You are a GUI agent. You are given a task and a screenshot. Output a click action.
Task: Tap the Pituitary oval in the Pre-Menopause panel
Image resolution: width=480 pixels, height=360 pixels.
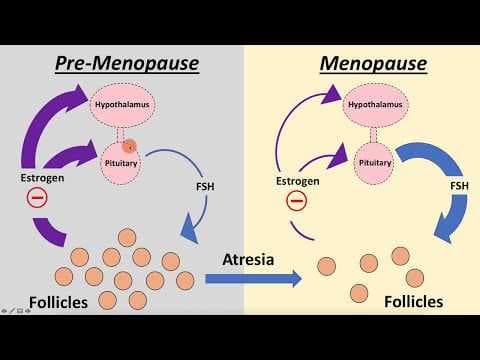123,160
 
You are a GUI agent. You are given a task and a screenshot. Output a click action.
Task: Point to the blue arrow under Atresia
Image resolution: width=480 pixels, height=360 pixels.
250,280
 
